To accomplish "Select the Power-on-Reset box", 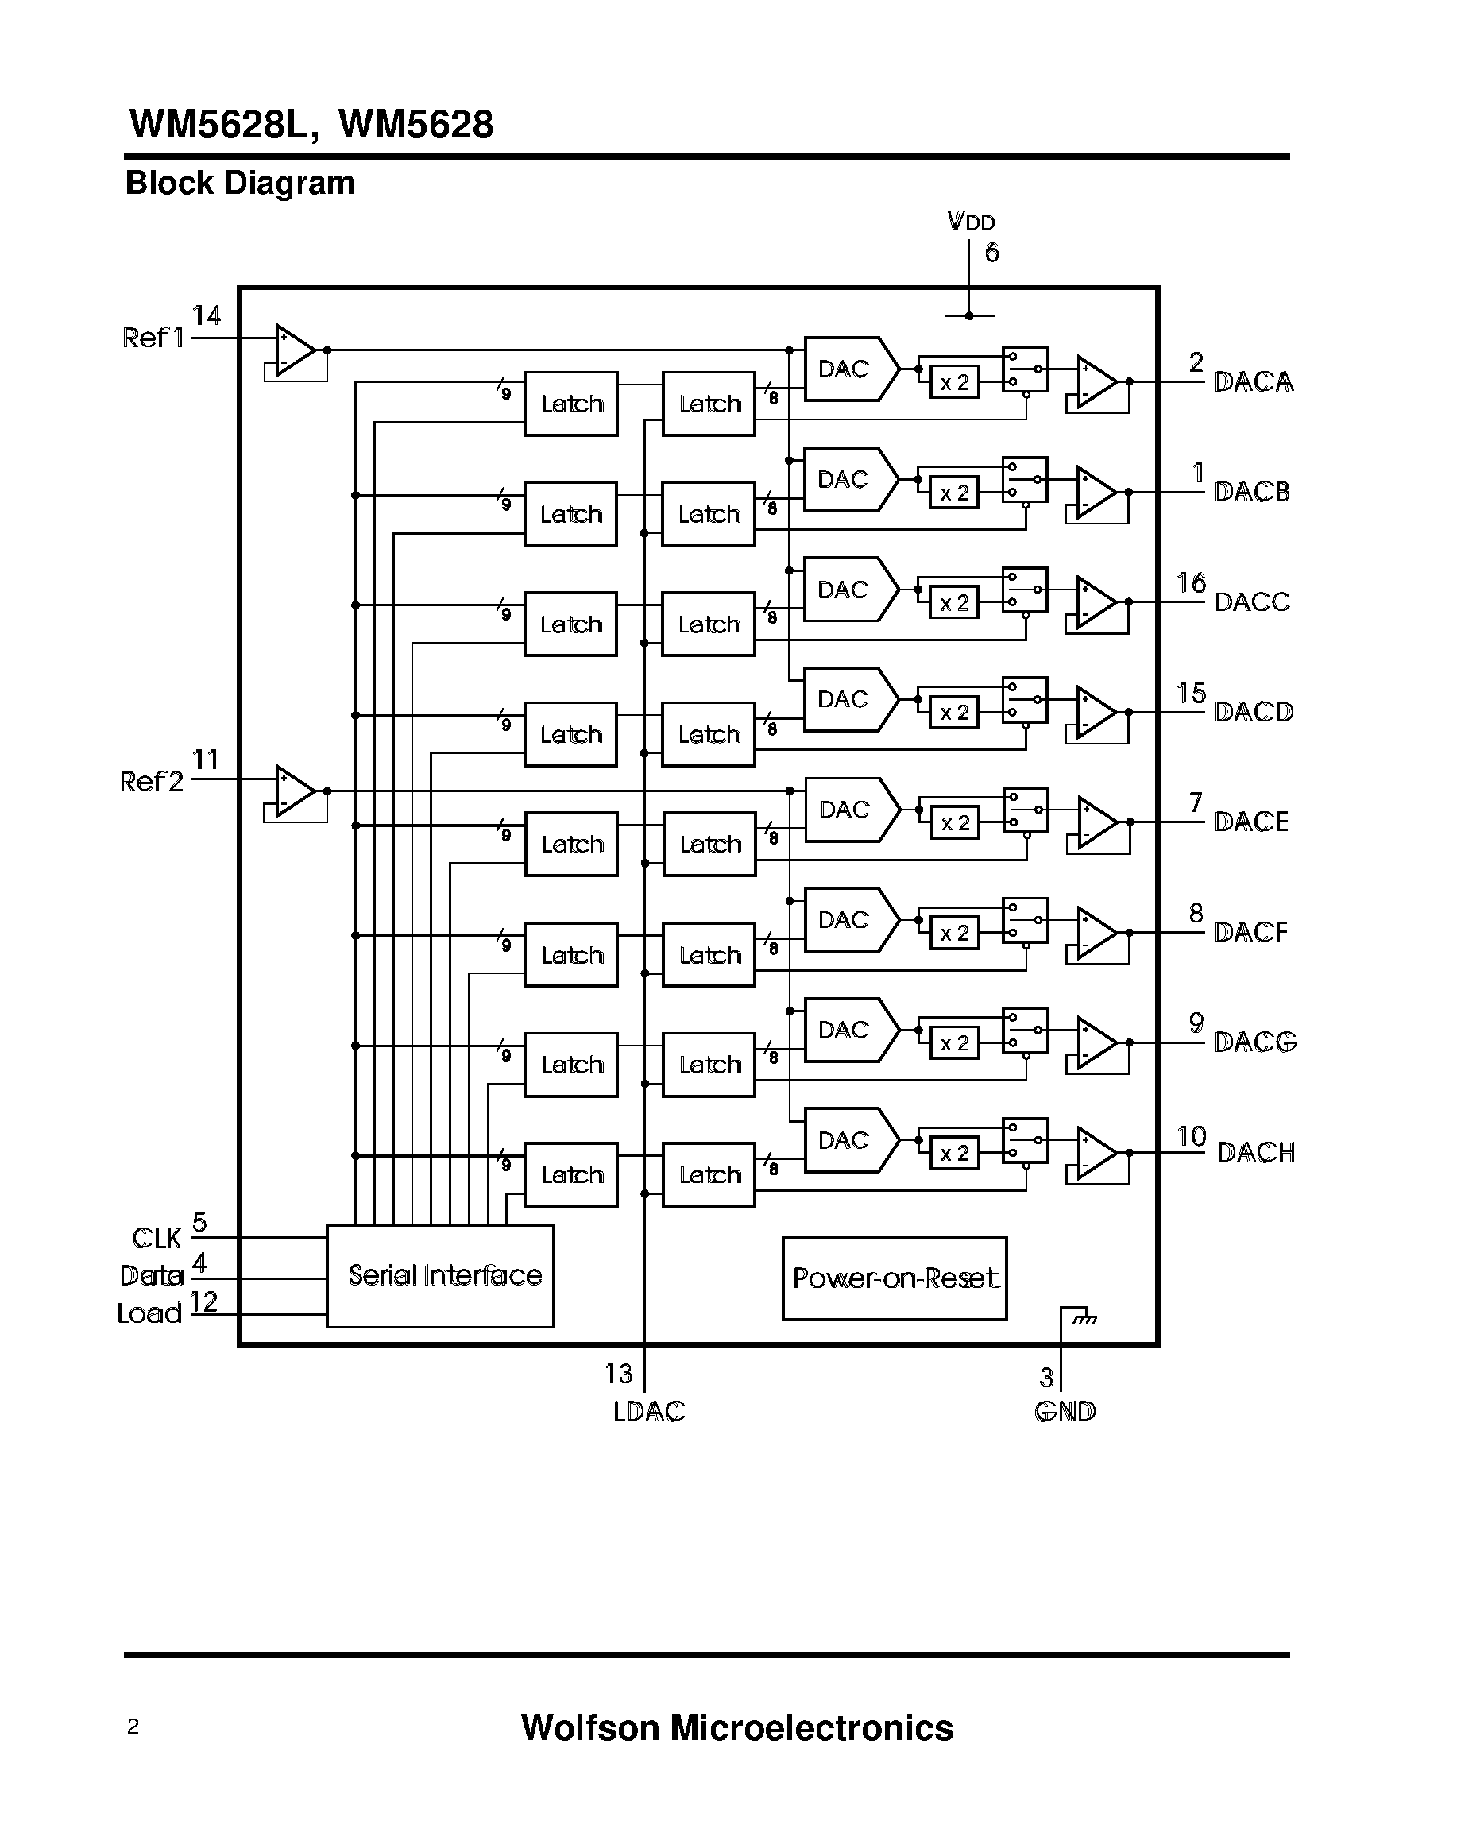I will point(895,1278).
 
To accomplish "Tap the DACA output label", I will point(1253,381).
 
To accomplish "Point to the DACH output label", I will point(1256,1153).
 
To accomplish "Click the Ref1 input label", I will point(153,338).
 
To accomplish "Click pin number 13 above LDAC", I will point(618,1373).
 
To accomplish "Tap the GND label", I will point(1065,1411).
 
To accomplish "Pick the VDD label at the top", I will point(971,222).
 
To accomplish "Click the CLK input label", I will point(157,1237).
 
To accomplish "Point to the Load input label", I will point(149,1313).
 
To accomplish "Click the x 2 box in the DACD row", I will point(954,712).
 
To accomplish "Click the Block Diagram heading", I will point(239,183).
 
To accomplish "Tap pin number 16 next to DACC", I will point(1191,583).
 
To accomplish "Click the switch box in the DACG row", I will point(1025,1030).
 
